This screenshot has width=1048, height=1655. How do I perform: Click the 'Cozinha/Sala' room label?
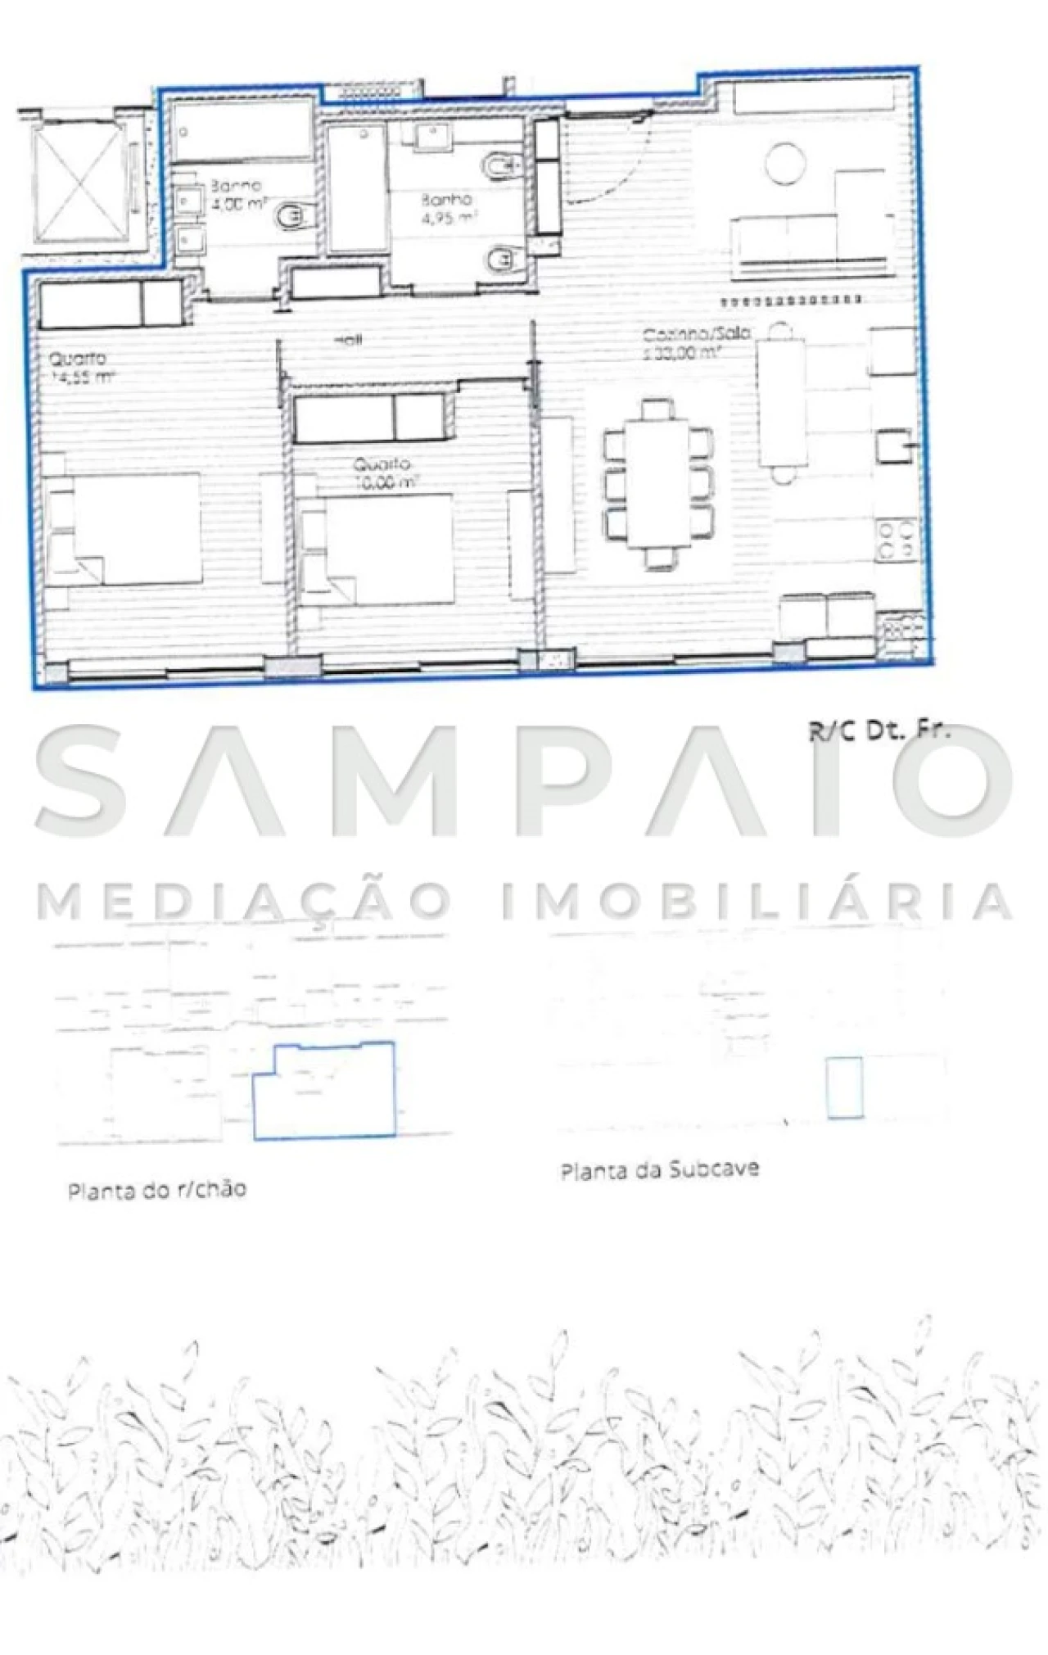pyautogui.click(x=696, y=334)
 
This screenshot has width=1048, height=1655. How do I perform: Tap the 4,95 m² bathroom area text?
pyautogui.click(x=448, y=219)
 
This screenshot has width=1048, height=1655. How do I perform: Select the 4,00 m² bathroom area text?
pyautogui.click(x=237, y=204)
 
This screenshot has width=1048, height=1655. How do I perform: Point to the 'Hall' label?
pyautogui.click(x=348, y=340)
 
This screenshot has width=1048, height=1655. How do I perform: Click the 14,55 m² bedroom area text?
pyautogui.click(x=83, y=378)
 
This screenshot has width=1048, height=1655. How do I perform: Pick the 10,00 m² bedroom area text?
pyautogui.click(x=386, y=482)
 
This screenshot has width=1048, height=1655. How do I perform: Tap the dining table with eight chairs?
pyautogui.click(x=658, y=483)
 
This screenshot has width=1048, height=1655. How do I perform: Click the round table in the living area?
pyautogui.click(x=785, y=164)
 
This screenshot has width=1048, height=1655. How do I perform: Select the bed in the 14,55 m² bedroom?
pyautogui.click(x=135, y=528)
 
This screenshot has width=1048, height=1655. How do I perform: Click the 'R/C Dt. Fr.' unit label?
pyautogui.click(x=879, y=731)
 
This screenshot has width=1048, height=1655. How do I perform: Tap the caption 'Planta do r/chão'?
pyautogui.click(x=156, y=1189)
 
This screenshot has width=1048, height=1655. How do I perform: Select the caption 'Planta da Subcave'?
pyautogui.click(x=659, y=1169)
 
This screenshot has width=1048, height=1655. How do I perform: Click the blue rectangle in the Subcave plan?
pyautogui.click(x=844, y=1088)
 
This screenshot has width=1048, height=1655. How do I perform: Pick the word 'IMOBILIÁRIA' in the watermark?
pyautogui.click(x=757, y=901)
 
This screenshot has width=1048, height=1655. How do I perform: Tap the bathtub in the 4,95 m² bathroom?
pyautogui.click(x=357, y=188)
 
